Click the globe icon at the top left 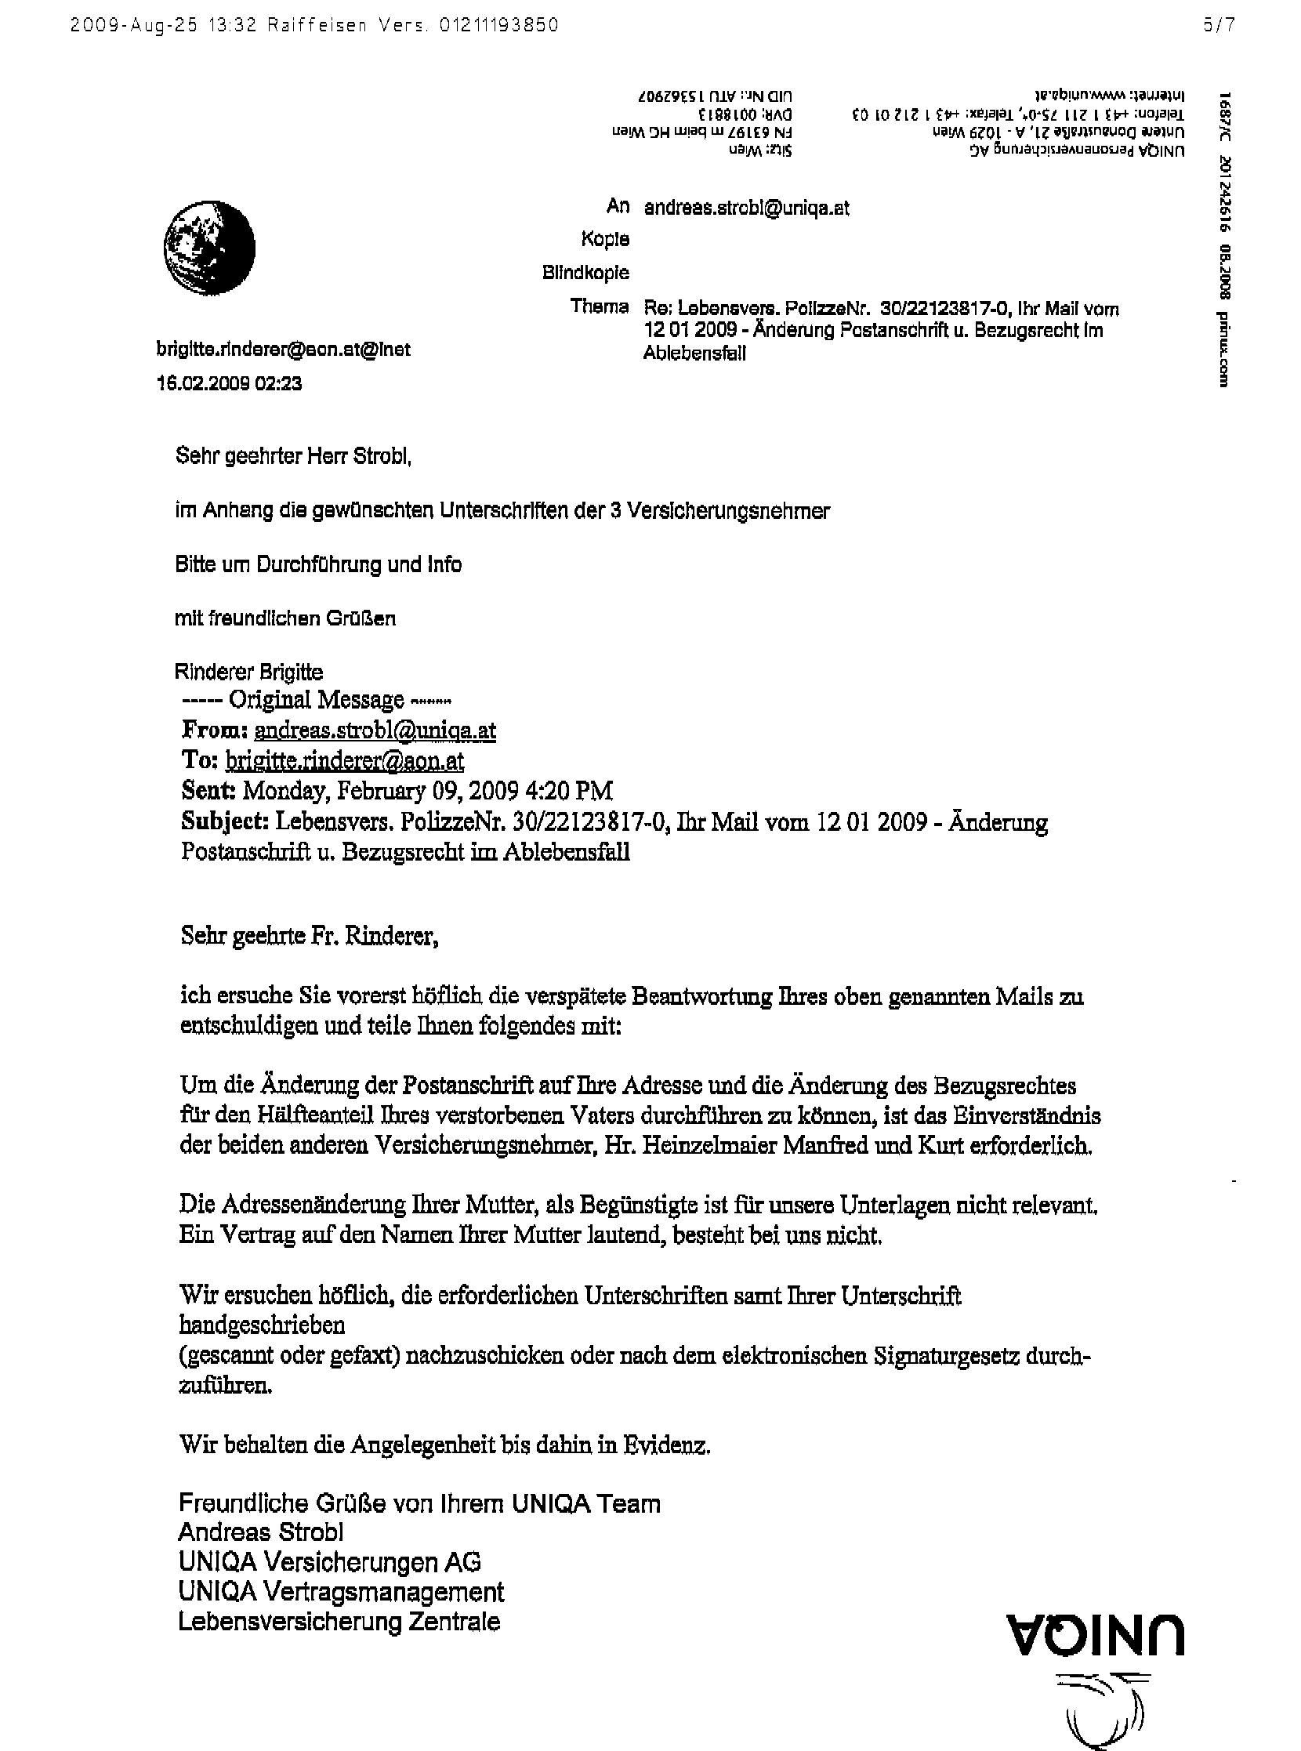(209, 248)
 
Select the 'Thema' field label (600, 306)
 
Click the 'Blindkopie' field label (585, 273)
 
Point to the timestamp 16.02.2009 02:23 (229, 383)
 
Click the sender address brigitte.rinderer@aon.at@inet (284, 349)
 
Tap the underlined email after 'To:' (344, 760)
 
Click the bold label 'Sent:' (208, 790)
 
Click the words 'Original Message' (316, 699)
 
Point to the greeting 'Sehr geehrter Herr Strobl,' (294, 456)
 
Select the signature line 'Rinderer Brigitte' (249, 672)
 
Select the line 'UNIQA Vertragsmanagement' (341, 1592)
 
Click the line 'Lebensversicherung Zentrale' (339, 1622)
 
